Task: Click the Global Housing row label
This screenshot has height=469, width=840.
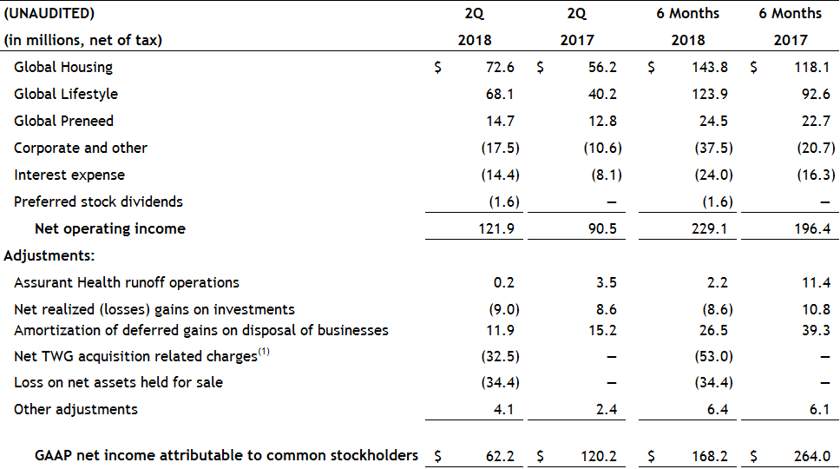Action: click(63, 67)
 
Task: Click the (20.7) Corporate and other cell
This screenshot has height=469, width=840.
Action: click(816, 148)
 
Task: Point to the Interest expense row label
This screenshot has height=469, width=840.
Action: click(69, 175)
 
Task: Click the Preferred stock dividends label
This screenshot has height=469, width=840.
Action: click(98, 201)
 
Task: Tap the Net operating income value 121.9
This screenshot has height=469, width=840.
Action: click(499, 229)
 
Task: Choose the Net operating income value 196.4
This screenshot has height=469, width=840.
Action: click(816, 229)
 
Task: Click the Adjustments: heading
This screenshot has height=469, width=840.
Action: click(49, 255)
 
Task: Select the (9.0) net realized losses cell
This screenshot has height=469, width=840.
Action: click(501, 309)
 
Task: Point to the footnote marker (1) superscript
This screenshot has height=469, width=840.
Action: click(265, 353)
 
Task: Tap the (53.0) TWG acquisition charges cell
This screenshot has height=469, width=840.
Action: click(713, 356)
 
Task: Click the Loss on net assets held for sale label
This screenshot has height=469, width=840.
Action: click(118, 382)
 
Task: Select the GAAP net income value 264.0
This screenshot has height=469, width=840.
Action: click(816, 455)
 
